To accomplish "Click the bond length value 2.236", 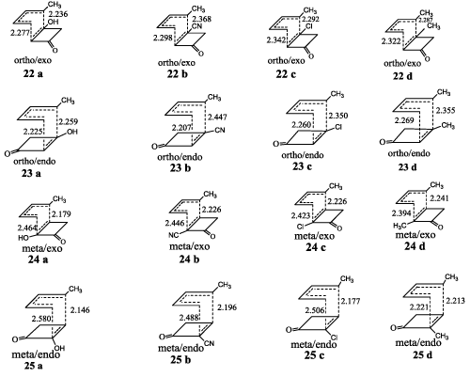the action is click(58, 14).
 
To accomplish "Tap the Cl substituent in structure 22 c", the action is click(309, 27).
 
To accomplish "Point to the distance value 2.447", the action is click(217, 118).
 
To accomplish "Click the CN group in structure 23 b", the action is click(220, 130).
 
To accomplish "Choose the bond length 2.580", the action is click(41, 319).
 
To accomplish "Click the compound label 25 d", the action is click(423, 354).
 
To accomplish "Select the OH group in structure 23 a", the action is click(72, 132).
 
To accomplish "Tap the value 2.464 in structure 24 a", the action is click(27, 228).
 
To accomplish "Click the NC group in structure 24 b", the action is click(174, 235).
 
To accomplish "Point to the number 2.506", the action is click(315, 310).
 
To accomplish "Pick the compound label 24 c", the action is click(316, 247).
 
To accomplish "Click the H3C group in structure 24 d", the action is click(400, 225).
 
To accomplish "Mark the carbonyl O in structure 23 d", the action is click(382, 142).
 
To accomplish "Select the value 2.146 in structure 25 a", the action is click(80, 310).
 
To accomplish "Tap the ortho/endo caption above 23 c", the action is click(303, 155).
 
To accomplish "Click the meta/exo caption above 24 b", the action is click(190, 246).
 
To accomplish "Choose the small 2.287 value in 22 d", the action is click(424, 21).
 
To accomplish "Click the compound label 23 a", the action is click(31, 173).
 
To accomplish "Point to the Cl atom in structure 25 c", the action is click(334, 338).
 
